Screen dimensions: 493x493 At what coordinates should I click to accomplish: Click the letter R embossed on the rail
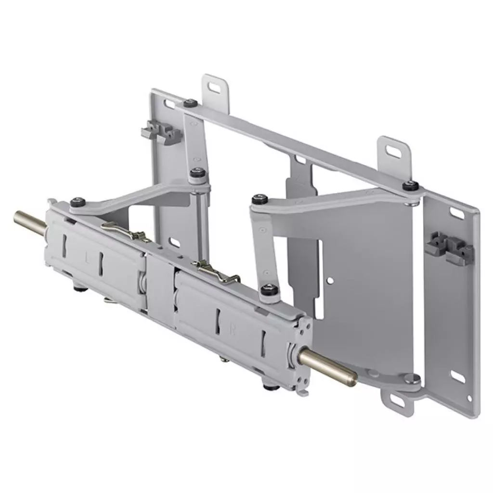233,331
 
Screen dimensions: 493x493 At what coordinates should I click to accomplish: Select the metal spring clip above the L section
127,231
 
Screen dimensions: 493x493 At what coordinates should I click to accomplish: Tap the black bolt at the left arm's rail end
77,202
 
